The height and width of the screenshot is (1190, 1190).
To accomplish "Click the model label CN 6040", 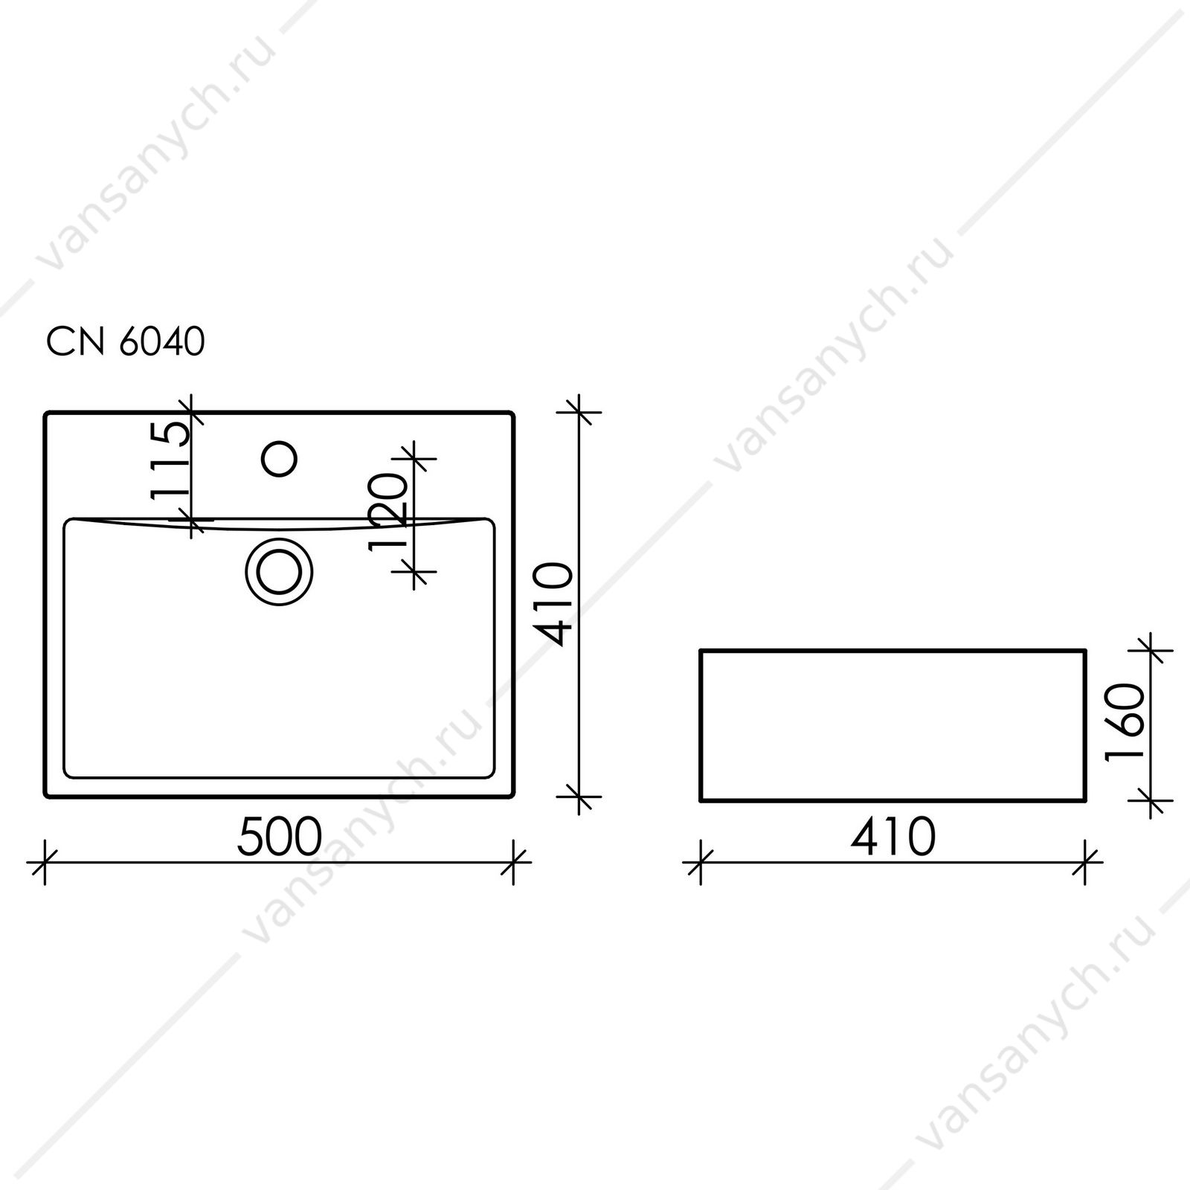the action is (x=125, y=342).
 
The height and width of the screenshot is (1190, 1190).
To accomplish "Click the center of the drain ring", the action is (x=279, y=571).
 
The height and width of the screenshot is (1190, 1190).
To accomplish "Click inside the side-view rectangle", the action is (x=893, y=726).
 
